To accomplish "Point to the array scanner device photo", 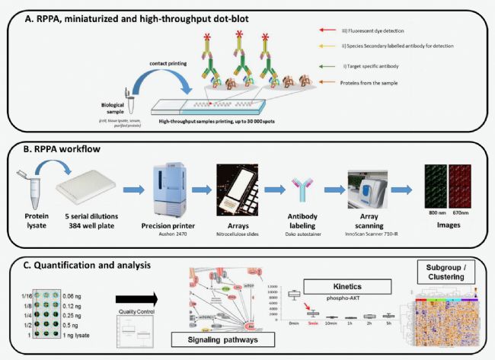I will (x=370, y=190).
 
